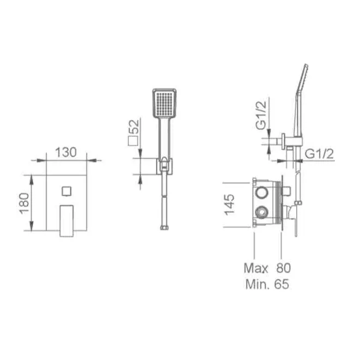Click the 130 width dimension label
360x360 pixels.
pos(66,152)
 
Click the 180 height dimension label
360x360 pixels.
pos(24,203)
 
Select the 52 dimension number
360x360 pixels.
pos(134,127)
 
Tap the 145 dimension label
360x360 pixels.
pos(229,205)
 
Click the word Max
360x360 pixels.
pos(256,268)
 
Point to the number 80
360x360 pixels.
pos(284,268)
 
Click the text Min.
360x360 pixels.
pos(257,284)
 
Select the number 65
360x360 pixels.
pos(281,284)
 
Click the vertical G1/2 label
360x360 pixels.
pos(261,116)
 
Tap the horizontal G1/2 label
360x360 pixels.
pos(319,154)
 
